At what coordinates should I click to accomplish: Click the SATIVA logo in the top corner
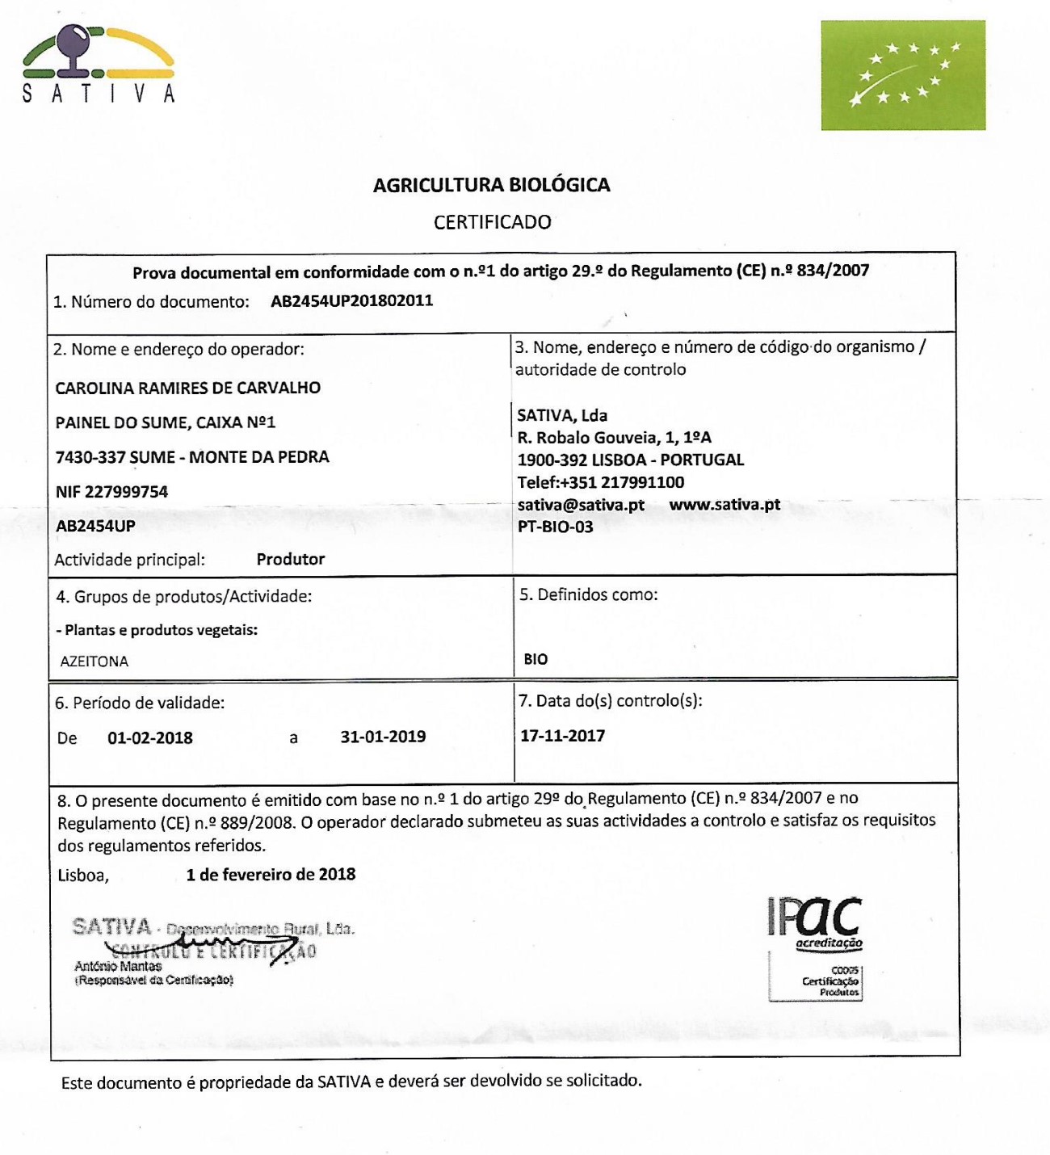point(98,64)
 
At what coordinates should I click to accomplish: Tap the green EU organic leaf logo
point(903,75)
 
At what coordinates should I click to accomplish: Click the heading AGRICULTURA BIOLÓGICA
point(491,185)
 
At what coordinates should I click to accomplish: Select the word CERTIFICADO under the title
point(492,222)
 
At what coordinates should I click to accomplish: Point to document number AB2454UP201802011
point(351,301)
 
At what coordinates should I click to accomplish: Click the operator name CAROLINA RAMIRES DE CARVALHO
point(187,388)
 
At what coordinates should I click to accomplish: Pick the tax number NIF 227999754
point(111,492)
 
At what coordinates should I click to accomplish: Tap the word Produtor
point(291,559)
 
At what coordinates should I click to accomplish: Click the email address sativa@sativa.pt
point(581,505)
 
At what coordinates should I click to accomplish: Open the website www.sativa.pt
point(724,505)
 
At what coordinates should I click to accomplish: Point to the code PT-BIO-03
point(555,527)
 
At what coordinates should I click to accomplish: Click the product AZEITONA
point(94,661)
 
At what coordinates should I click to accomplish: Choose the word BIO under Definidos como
point(535,659)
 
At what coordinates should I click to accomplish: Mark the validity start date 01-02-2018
point(150,737)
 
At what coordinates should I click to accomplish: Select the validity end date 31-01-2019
point(383,737)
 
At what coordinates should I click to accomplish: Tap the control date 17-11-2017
point(562,736)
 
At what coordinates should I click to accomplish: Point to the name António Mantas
point(118,966)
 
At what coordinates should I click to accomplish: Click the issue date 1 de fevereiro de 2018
point(271,874)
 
